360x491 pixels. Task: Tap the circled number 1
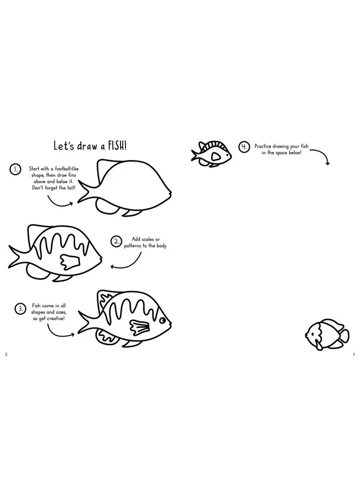pos(15,170)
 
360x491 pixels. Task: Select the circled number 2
pos(116,242)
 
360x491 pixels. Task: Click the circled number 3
pos(20,309)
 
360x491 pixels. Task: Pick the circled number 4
pos(244,147)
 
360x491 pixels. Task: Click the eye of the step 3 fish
pos(163,321)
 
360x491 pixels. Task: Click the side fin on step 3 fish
pos(139,327)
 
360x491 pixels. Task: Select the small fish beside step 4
pos(211,154)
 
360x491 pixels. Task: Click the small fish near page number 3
pos(327,334)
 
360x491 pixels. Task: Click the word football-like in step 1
pos(67,169)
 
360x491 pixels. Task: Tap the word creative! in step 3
pos(56,319)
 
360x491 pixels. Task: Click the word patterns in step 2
pos(133,246)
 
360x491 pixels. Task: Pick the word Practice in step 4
pos(263,146)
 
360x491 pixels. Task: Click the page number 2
pos(6,355)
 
